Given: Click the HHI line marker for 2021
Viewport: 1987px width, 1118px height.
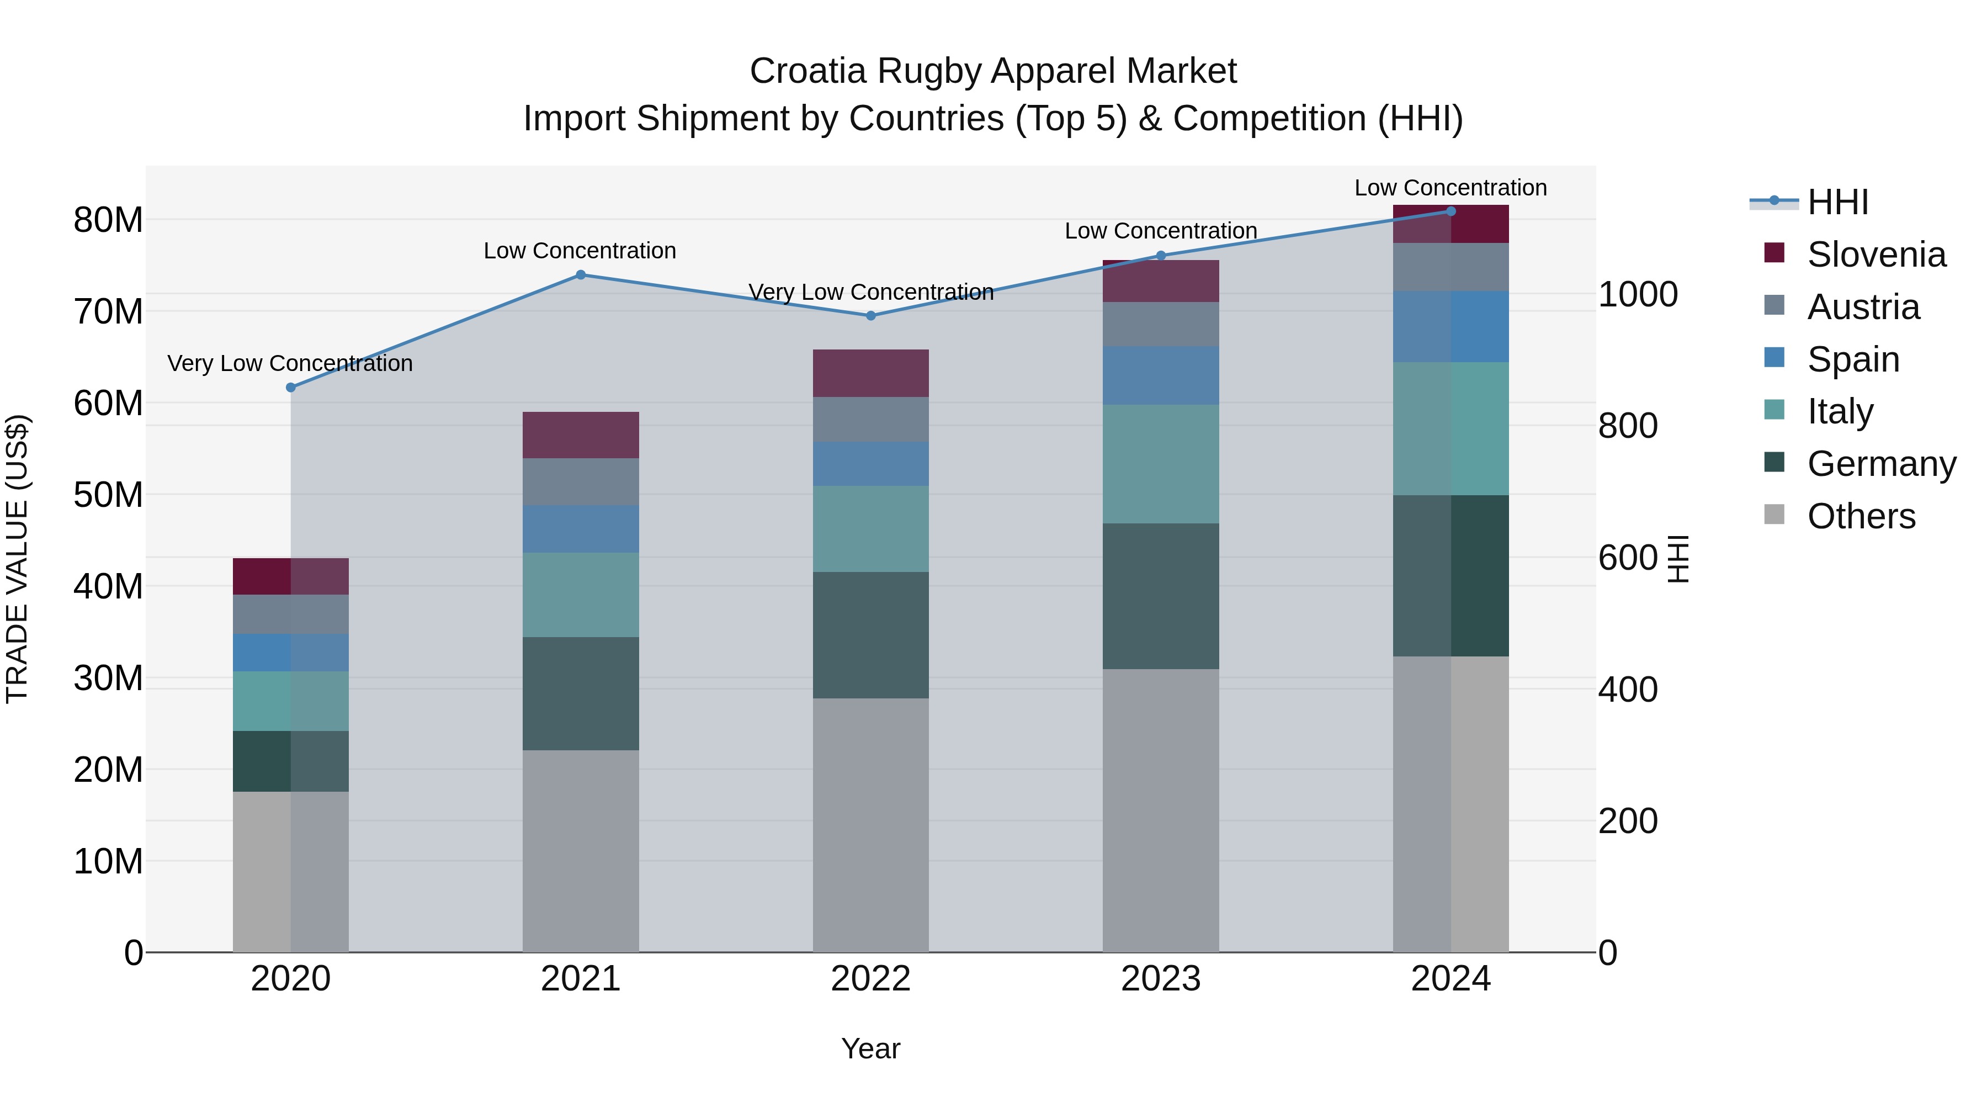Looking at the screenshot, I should click(x=581, y=275).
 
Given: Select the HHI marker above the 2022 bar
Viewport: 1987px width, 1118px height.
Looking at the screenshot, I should click(x=871, y=316).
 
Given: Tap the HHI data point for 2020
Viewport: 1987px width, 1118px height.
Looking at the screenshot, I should click(x=291, y=388).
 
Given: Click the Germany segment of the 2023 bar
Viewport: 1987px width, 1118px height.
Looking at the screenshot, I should click(x=1161, y=596).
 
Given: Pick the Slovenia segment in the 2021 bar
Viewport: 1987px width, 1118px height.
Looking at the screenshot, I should click(x=581, y=435).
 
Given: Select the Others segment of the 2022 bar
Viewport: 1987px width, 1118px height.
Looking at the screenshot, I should click(x=871, y=825).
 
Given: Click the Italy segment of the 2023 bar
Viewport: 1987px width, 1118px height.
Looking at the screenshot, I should click(x=1161, y=464).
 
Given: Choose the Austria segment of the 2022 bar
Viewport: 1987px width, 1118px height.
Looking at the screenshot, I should click(x=871, y=419).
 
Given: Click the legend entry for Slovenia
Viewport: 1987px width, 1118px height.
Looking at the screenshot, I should click(x=1876, y=255).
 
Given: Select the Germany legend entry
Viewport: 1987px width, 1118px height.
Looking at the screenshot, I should click(x=1880, y=464).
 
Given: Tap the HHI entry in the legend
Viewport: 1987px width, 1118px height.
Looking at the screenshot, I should click(x=1837, y=202).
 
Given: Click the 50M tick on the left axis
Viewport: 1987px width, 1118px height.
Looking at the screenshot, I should click(x=108, y=495).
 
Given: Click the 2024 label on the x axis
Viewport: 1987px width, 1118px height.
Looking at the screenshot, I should click(x=1450, y=979).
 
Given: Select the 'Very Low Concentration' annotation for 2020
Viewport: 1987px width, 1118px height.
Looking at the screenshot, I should click(x=290, y=363).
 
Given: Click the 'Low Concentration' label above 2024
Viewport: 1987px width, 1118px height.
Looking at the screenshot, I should click(x=1450, y=188).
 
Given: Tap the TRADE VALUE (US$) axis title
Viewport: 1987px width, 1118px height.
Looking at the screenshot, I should click(x=17, y=559).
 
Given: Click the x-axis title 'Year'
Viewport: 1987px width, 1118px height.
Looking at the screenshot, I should click(x=871, y=1048).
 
